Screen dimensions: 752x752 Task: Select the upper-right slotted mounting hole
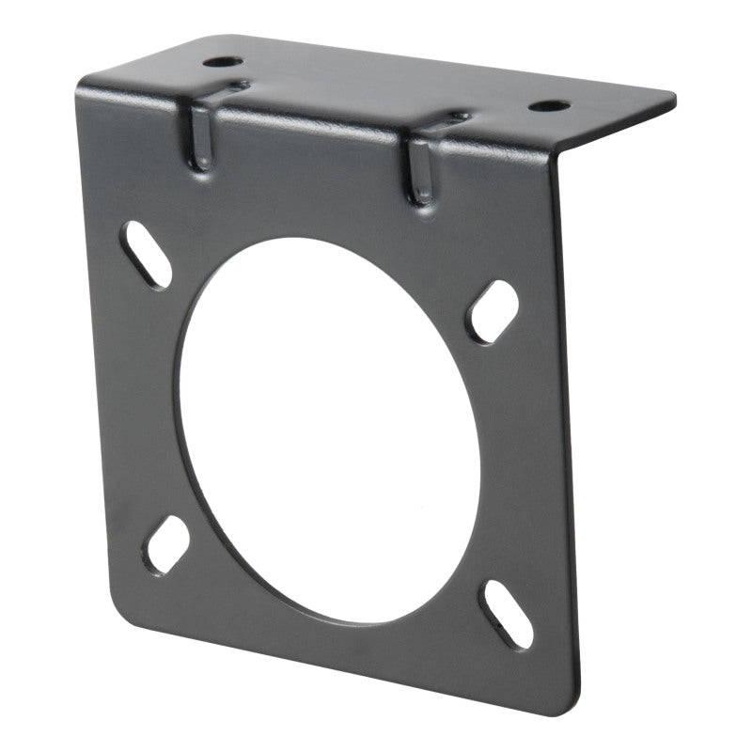493,311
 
